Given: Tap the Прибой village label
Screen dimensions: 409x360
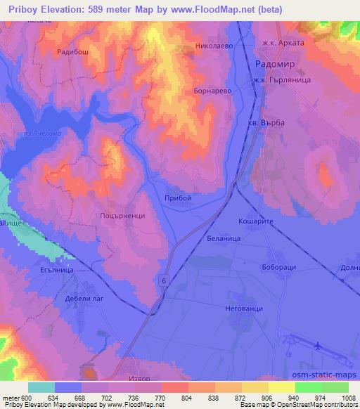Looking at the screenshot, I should (177, 199).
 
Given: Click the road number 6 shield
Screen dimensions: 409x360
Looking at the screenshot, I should (165, 280).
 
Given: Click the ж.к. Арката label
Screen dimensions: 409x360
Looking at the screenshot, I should (282, 43).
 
